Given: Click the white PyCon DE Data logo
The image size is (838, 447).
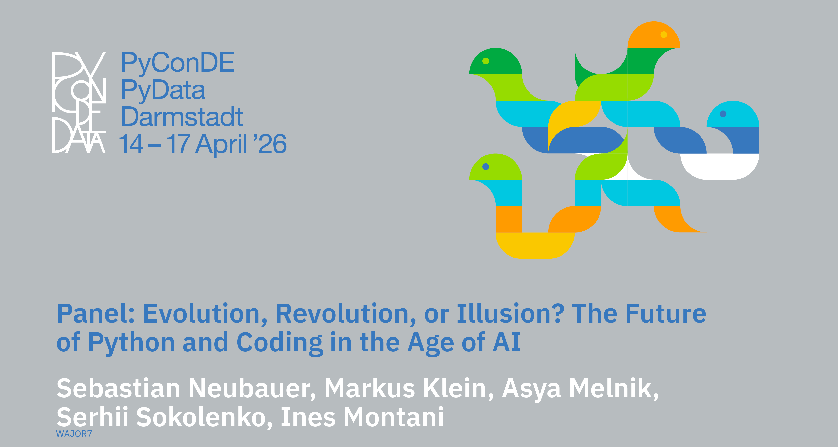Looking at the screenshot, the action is point(79,103).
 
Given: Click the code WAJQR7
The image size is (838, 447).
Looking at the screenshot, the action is point(74,434).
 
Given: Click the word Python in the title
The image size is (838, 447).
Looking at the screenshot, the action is point(131,343).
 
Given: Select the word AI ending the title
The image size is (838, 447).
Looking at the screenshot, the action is point(507,342).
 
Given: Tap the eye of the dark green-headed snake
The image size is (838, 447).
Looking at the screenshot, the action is point(486,61).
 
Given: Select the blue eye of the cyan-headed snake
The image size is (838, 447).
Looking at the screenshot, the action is point(723,114).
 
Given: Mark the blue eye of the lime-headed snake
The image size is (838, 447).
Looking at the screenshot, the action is point(486,167).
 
